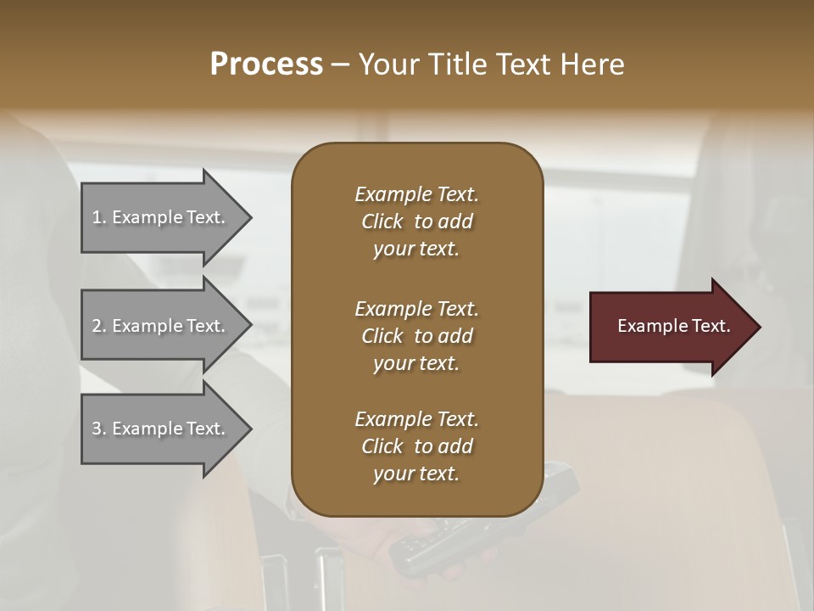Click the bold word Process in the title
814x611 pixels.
click(x=266, y=64)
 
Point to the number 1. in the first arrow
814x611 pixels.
click(x=99, y=217)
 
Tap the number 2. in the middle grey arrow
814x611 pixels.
click(x=99, y=326)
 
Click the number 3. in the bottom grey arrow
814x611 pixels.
click(x=99, y=429)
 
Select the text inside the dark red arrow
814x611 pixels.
click(x=673, y=326)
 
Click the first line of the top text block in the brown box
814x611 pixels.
click(x=416, y=194)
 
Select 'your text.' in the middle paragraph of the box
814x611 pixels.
click(x=415, y=363)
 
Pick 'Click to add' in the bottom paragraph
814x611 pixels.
click(x=416, y=446)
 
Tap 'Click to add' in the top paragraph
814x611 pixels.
click(x=416, y=221)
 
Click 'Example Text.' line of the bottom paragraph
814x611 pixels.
click(x=416, y=419)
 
